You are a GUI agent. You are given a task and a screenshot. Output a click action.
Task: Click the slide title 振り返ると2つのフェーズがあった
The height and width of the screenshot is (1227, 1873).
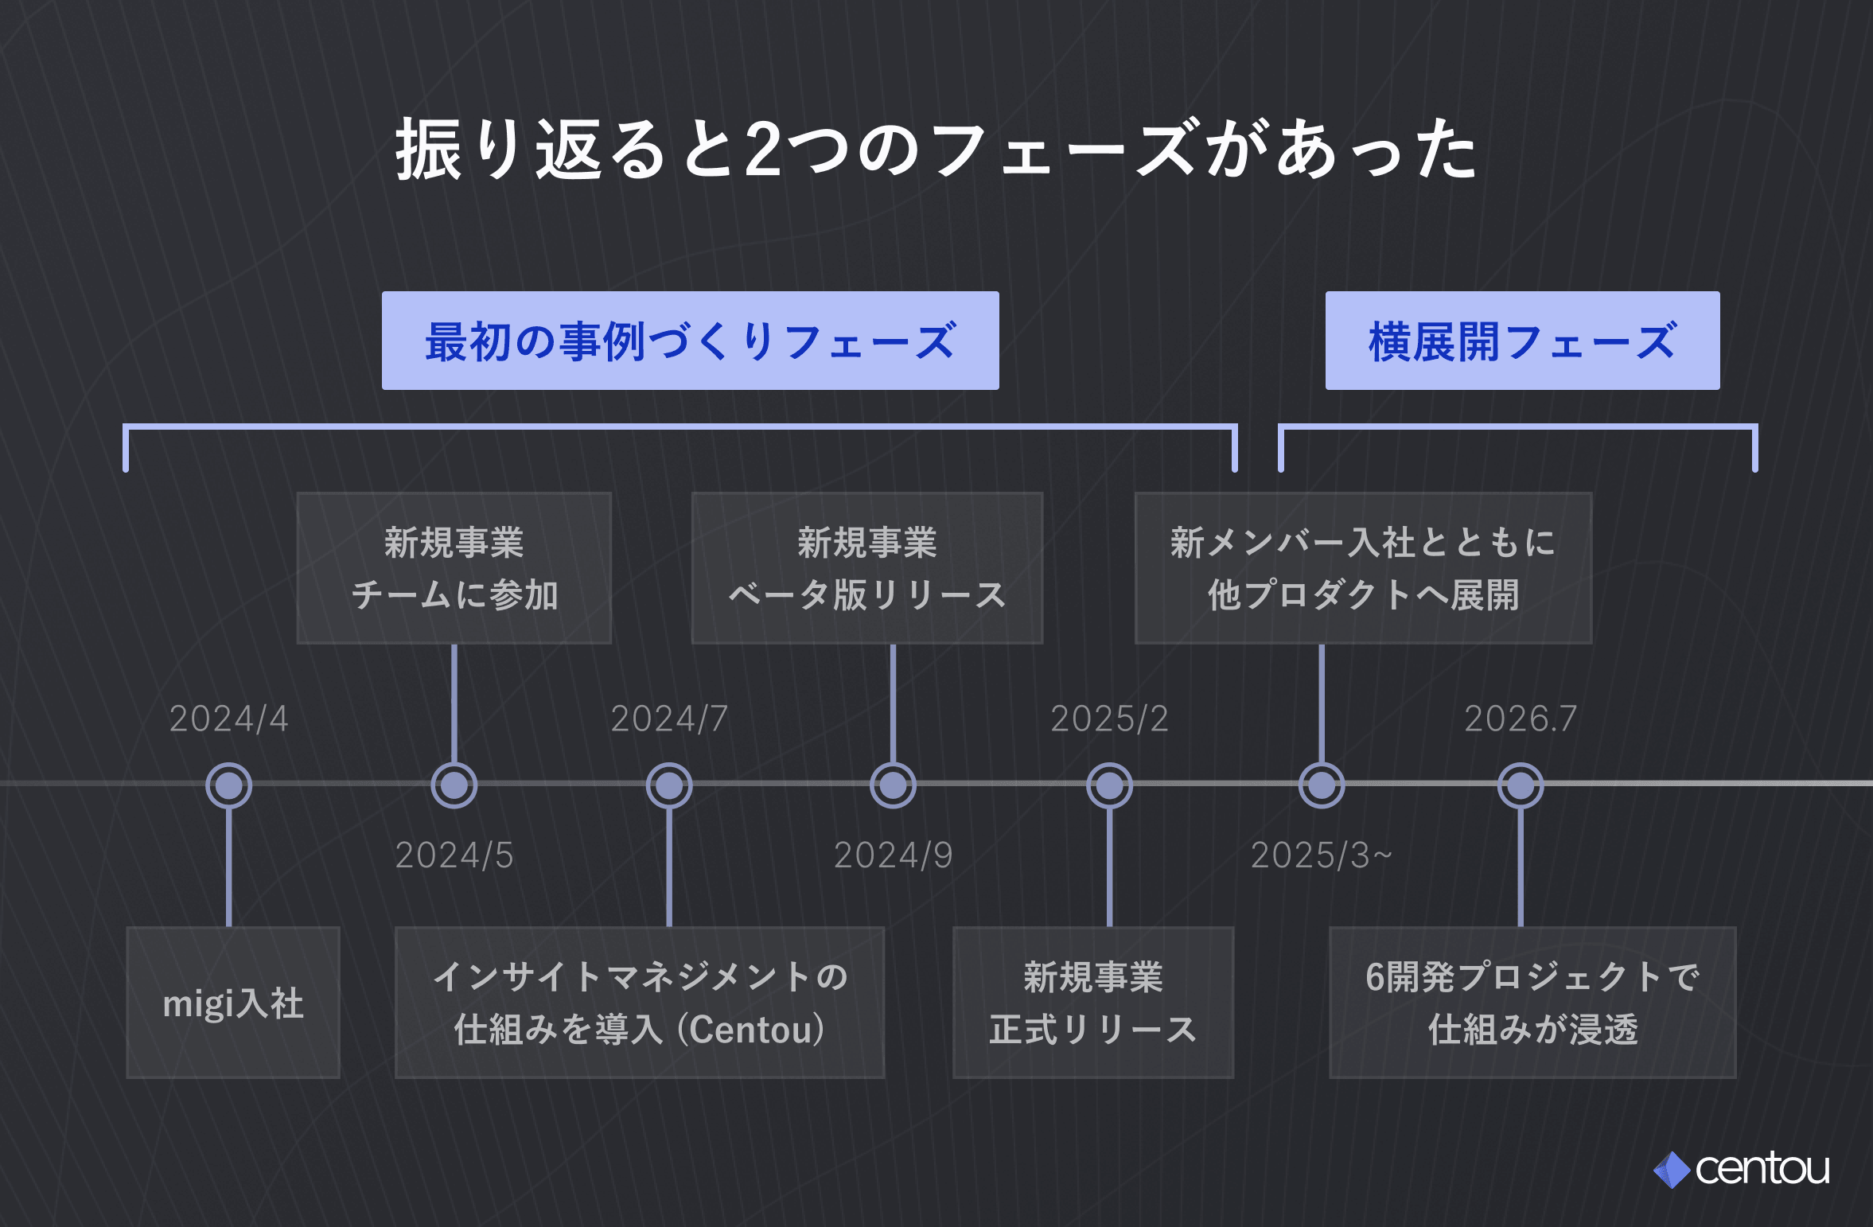[x=936, y=149]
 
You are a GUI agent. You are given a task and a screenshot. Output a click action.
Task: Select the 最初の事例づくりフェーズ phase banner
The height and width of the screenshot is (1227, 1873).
[x=691, y=341]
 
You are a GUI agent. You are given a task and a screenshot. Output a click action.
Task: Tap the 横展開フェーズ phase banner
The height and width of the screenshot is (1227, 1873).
[x=1522, y=341]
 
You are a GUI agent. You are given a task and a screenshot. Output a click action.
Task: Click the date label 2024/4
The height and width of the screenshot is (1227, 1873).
[x=228, y=719]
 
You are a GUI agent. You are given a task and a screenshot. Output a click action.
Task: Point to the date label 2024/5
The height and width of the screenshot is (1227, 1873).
[x=454, y=855]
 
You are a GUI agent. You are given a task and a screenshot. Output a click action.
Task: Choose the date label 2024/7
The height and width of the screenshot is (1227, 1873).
[x=669, y=719]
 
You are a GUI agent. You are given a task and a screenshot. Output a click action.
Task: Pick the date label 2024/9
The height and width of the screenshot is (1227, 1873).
[x=893, y=855]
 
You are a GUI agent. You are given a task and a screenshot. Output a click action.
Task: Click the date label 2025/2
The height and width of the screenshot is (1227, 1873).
[x=1109, y=719]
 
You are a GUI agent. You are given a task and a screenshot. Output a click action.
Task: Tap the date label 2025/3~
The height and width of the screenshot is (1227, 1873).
[x=1322, y=855]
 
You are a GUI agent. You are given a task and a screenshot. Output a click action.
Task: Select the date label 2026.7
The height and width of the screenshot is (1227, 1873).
[x=1521, y=719]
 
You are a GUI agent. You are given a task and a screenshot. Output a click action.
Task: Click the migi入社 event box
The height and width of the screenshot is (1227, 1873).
[x=233, y=1003]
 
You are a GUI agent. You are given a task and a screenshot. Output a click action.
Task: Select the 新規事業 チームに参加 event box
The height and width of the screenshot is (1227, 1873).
[x=454, y=568]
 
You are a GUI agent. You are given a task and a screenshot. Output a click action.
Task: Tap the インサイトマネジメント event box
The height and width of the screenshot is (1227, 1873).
[x=640, y=1003]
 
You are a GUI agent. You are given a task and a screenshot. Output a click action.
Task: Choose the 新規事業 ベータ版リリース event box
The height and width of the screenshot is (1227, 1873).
[x=867, y=568]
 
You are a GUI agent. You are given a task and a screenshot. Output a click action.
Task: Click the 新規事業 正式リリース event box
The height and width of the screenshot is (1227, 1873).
[x=1093, y=1003]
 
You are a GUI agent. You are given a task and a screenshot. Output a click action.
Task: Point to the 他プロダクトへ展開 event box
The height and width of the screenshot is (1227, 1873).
[x=1363, y=568]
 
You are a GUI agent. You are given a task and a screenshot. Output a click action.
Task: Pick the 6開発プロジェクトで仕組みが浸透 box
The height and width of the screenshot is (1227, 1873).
[x=1532, y=1003]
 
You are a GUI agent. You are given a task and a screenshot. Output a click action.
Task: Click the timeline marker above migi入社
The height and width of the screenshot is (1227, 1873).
[x=229, y=785]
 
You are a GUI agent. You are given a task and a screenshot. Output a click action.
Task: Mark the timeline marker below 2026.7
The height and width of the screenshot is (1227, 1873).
[x=1521, y=785]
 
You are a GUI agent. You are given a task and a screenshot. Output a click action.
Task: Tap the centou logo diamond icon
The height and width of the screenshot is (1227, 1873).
[x=1672, y=1170]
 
